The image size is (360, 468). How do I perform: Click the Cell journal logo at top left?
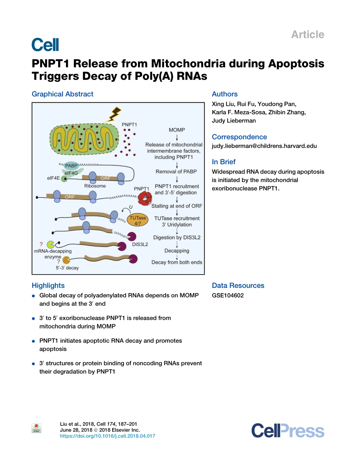pyautogui.click(x=45, y=44)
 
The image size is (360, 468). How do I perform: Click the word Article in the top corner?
pyautogui.click(x=307, y=35)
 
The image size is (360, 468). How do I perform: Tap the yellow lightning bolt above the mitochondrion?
pyautogui.click(x=114, y=113)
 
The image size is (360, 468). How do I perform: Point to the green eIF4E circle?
pyautogui.click(x=65, y=179)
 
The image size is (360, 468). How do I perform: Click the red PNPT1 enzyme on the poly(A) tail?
pyautogui.click(x=144, y=198)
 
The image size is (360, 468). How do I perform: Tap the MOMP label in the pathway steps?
pyautogui.click(x=177, y=130)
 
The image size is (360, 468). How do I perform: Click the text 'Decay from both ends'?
pyautogui.click(x=177, y=262)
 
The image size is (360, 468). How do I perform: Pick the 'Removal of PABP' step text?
pyautogui.click(x=176, y=171)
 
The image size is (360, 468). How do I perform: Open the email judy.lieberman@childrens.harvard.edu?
pyautogui.click(x=264, y=146)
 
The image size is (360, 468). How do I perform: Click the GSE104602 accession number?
pyautogui.click(x=228, y=295)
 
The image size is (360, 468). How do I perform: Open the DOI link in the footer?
pyautogui.click(x=108, y=436)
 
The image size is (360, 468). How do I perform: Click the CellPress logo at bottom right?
pyautogui.click(x=288, y=431)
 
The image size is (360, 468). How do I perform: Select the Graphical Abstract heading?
pyautogui.click(x=63, y=94)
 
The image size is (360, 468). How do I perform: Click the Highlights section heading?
pyautogui.click(x=48, y=286)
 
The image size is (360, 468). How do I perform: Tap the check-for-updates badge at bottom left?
pyautogui.click(x=36, y=428)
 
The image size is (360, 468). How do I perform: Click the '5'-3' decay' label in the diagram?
pyautogui.click(x=67, y=268)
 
